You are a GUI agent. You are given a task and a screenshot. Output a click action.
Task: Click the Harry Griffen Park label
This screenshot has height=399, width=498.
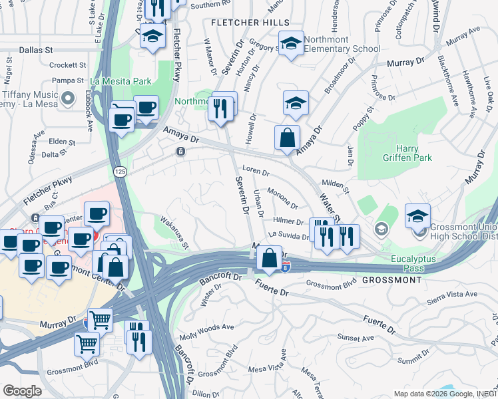[407, 153]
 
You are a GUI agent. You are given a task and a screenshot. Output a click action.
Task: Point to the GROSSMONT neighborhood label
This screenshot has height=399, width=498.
[391, 280]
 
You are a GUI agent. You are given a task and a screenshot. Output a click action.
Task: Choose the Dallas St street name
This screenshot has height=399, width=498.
[36, 50]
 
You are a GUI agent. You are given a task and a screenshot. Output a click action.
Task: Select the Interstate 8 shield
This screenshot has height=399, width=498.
[285, 267]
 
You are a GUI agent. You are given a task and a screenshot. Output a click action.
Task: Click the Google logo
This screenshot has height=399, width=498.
[22, 391]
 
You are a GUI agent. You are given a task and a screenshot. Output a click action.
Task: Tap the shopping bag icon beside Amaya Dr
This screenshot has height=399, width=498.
[287, 138]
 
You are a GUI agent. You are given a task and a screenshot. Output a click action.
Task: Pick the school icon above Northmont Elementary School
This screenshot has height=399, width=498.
[291, 44]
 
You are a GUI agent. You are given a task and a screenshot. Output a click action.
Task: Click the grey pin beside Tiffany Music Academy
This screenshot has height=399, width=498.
[67, 100]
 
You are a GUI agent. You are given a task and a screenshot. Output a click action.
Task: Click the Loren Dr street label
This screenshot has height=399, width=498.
[256, 172]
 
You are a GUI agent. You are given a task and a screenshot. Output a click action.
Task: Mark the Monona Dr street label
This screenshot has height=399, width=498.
[282, 197]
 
